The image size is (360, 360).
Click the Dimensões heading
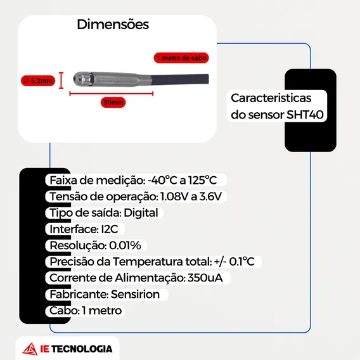click(113, 24)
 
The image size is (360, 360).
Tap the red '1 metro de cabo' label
click(181, 58)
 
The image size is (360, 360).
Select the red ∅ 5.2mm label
click(38, 81)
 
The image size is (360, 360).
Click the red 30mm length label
click(113, 103)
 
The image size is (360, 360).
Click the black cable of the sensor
click(180, 79)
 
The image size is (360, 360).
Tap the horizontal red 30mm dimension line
click(112, 93)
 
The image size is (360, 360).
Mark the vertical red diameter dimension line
click(61, 80)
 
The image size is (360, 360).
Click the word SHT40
click(305, 114)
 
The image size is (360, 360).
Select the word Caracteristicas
click(271, 98)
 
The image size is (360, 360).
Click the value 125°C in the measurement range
click(203, 180)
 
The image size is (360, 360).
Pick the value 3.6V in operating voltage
click(210, 196)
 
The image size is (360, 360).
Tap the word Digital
click(141, 213)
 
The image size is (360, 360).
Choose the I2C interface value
click(110, 229)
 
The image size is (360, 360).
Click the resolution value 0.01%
click(125, 245)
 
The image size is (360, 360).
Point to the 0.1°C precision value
click(241, 262)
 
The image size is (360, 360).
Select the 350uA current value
click(205, 278)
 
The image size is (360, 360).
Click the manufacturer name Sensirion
click(135, 294)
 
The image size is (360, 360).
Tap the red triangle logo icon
click(30, 349)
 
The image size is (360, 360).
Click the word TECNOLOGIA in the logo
click(82, 349)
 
